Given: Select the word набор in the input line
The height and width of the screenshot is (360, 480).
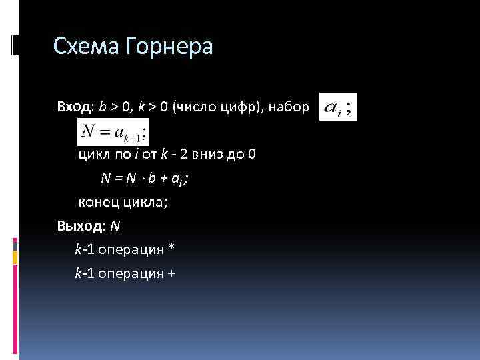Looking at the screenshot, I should click(288, 107).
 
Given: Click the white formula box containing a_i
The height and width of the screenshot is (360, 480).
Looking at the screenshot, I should click(339, 107).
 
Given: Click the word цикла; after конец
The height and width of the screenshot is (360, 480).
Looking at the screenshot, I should click(144, 203).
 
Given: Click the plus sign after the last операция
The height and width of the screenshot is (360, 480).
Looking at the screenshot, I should click(171, 273).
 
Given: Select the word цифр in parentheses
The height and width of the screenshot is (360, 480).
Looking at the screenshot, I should click(242, 107).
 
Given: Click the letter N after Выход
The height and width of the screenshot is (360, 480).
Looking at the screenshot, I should click(115, 226).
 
